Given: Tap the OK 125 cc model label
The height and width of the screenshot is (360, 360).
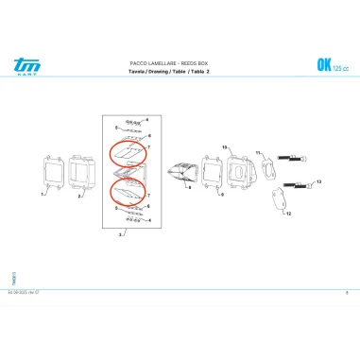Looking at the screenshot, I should coord(329,65).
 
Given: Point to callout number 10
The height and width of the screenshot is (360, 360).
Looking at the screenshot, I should coord(225,148).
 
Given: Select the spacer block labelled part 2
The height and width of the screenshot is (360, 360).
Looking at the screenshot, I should coord(86,171).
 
